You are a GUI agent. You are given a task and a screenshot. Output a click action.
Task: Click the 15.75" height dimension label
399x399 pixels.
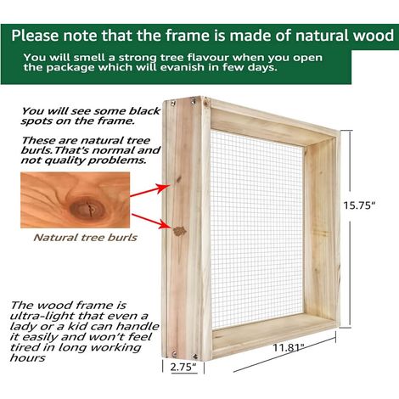tap(359, 205)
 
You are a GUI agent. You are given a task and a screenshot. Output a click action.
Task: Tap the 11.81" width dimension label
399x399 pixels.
tap(289, 347)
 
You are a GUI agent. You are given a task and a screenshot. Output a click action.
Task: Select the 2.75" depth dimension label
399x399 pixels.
tap(183, 367)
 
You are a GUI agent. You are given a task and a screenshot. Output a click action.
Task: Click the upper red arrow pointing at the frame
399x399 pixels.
tap(150, 189)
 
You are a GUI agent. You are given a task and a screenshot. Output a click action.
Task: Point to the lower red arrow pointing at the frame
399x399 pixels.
tap(151, 222)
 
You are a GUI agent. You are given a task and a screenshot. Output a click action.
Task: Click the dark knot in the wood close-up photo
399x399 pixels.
tap(87, 209)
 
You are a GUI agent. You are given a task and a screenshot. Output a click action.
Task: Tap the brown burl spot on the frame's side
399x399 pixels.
tap(179, 231)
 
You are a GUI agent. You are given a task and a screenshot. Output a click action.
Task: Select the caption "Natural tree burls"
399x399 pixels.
tap(85, 238)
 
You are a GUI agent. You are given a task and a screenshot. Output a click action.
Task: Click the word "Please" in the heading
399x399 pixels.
tap(35, 36)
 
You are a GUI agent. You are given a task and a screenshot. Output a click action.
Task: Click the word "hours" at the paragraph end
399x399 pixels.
tap(27, 357)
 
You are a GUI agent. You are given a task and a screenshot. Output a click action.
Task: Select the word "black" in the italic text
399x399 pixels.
tap(144, 111)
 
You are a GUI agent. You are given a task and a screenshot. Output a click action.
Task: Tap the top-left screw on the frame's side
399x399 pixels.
tap(173, 104)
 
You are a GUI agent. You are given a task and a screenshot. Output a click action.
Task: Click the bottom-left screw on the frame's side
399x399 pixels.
tap(175, 353)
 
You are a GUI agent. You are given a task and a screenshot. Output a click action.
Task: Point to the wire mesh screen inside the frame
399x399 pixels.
tap(256, 229)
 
